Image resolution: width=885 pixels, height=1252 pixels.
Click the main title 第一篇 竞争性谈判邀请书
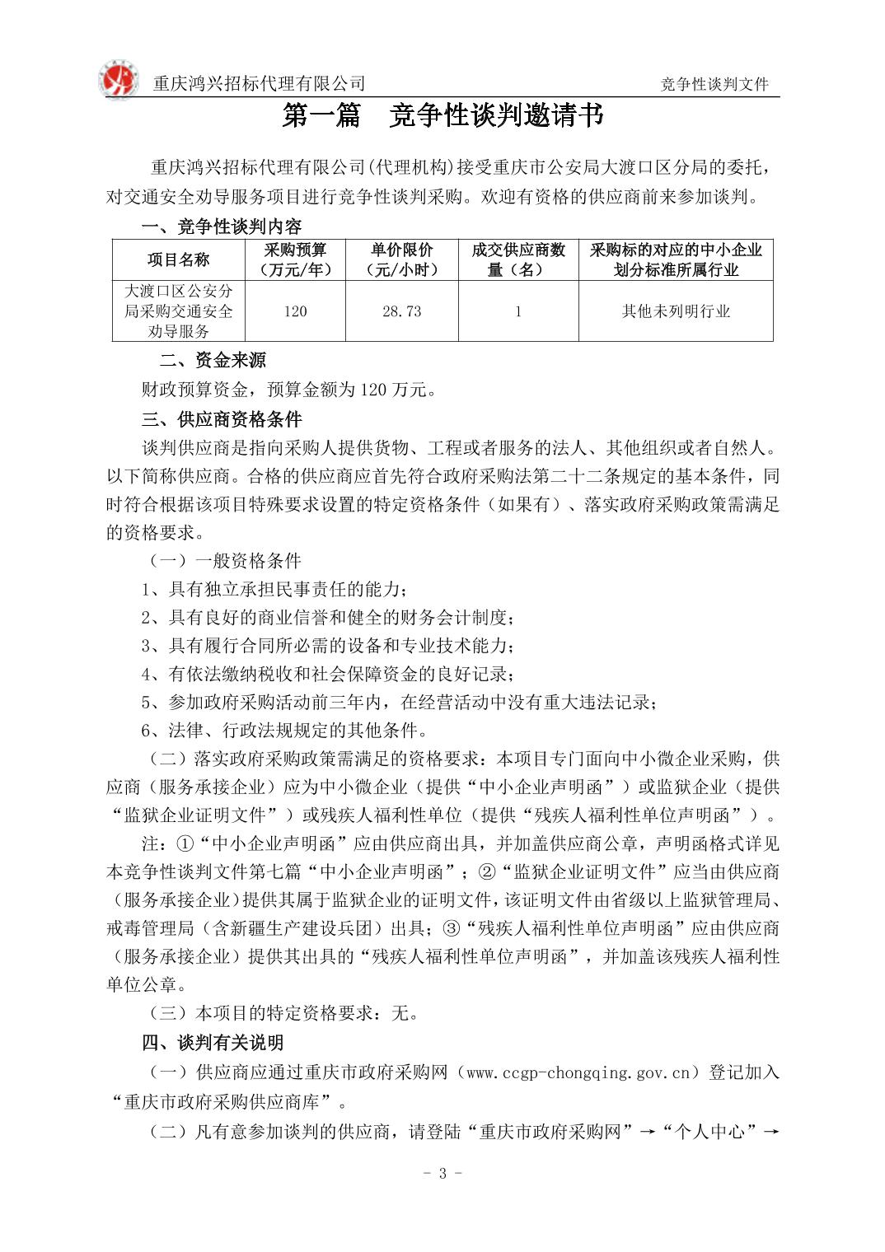tap(442, 116)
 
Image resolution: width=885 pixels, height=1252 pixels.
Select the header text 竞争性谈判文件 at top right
tap(714, 84)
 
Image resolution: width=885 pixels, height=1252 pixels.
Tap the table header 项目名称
tap(178, 260)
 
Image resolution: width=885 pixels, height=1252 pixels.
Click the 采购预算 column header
tap(295, 259)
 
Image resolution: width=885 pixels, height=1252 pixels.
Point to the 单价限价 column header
tap(401, 259)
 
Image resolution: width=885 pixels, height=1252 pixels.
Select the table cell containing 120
tap(295, 311)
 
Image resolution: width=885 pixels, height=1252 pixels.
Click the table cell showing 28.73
tap(401, 311)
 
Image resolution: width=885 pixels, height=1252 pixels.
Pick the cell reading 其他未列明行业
tap(676, 311)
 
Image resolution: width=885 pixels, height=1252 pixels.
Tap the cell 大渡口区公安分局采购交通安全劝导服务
tap(178, 311)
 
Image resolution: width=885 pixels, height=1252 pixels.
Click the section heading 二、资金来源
tap(213, 361)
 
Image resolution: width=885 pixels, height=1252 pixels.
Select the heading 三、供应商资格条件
tap(222, 419)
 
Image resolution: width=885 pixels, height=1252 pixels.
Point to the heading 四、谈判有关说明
tap(213, 1043)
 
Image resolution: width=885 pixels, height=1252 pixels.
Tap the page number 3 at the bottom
tap(442, 1173)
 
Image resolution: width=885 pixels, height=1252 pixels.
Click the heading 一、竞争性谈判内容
tap(222, 227)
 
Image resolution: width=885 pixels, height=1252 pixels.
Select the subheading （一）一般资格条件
tap(222, 561)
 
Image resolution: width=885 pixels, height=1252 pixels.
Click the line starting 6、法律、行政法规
tap(284, 731)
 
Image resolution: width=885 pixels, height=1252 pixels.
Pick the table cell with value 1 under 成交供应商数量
tap(517, 311)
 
